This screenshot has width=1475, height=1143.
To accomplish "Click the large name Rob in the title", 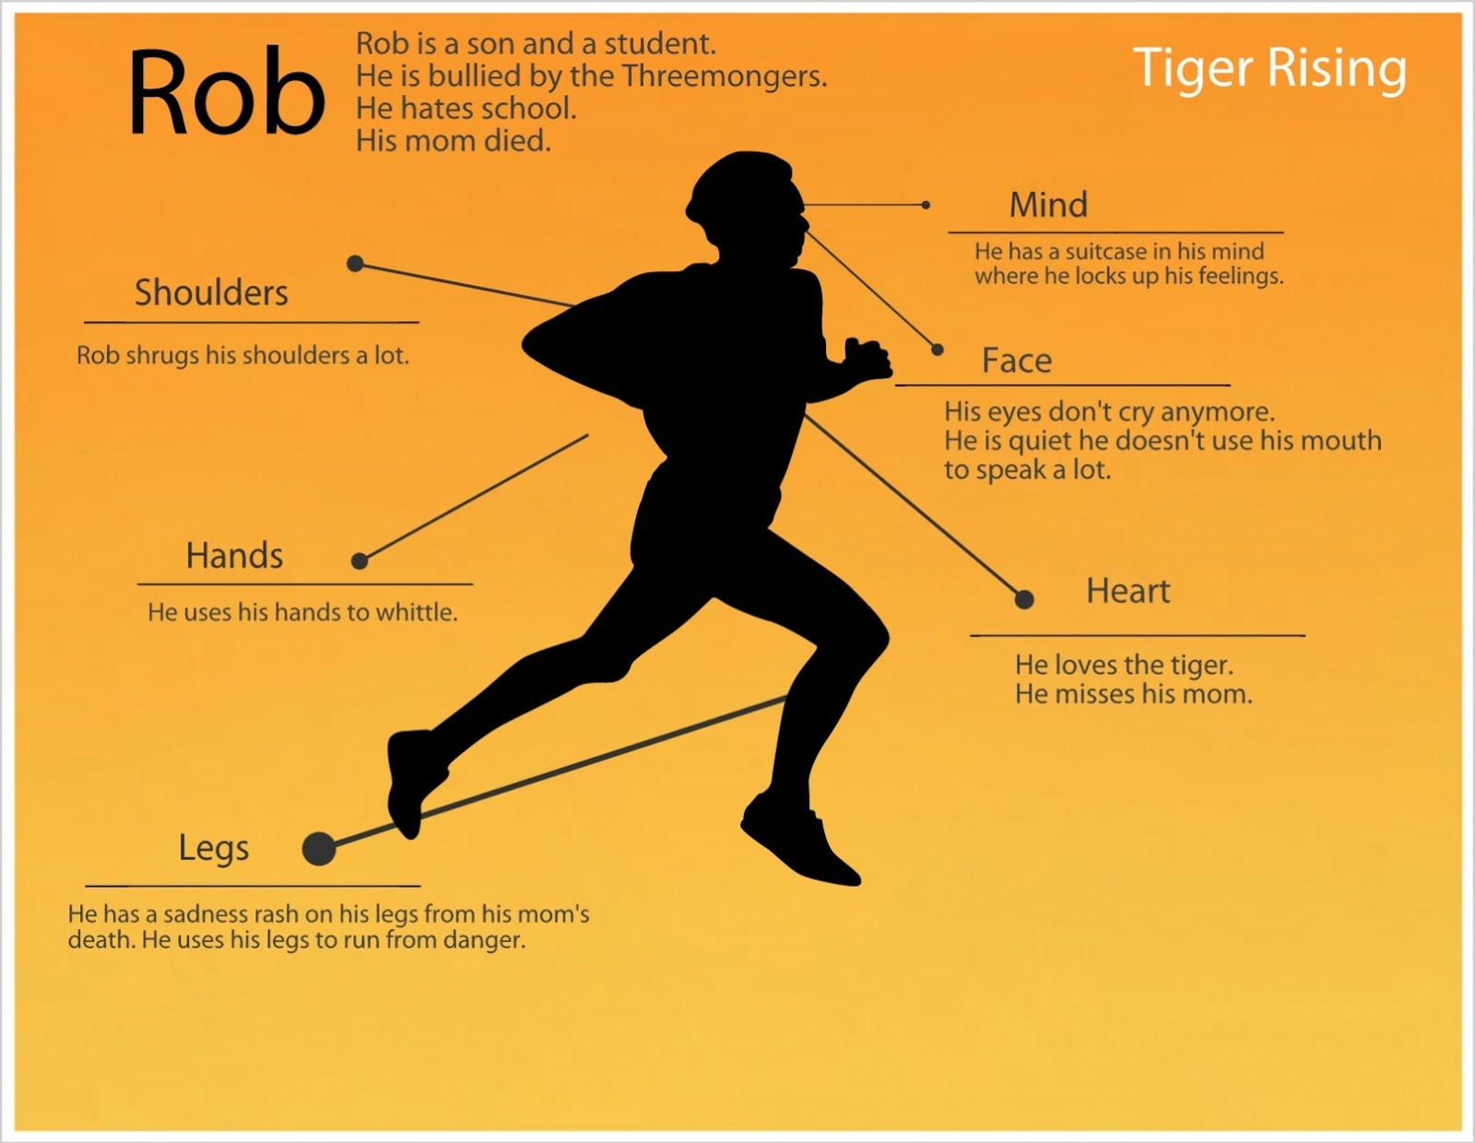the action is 226,92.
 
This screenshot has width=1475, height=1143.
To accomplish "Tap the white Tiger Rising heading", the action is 1269,68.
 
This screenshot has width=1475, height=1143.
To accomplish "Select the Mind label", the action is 1048,205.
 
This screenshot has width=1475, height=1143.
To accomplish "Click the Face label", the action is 1016,360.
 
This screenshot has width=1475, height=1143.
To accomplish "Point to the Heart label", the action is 1127,591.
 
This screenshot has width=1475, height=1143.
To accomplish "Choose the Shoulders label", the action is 211,293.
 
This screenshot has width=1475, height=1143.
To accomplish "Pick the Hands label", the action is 234,556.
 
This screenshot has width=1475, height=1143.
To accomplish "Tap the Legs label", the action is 214,848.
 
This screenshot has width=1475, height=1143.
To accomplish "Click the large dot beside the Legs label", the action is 319,848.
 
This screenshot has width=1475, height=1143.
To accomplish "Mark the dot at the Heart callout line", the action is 1024,600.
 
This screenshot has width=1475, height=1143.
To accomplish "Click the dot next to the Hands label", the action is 360,560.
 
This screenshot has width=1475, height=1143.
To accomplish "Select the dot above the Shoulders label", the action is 355,264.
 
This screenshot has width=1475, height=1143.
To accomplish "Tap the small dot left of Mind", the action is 926,205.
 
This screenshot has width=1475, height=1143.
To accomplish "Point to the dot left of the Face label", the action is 938,349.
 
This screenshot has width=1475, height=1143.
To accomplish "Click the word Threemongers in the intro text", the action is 723,77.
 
